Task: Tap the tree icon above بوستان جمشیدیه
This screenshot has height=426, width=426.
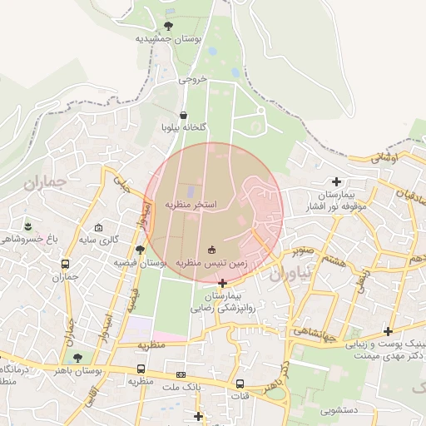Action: click(x=169, y=26)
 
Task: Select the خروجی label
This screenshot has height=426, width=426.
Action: click(x=191, y=81)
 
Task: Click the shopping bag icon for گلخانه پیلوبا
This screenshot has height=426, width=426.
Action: click(x=183, y=116)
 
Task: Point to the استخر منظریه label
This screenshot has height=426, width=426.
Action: click(x=191, y=204)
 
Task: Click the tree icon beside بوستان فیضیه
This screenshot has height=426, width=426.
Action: click(x=140, y=249)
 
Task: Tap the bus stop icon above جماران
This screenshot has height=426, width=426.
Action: click(x=65, y=265)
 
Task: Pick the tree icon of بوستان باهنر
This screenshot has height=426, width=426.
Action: click(x=77, y=358)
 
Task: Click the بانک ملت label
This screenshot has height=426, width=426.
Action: click(x=182, y=387)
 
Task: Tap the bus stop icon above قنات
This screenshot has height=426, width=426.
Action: click(x=240, y=384)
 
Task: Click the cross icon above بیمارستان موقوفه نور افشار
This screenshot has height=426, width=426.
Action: click(x=336, y=181)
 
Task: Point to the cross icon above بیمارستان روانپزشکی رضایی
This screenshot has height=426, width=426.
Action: click(x=221, y=283)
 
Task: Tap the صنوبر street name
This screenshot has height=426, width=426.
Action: click(x=301, y=248)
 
